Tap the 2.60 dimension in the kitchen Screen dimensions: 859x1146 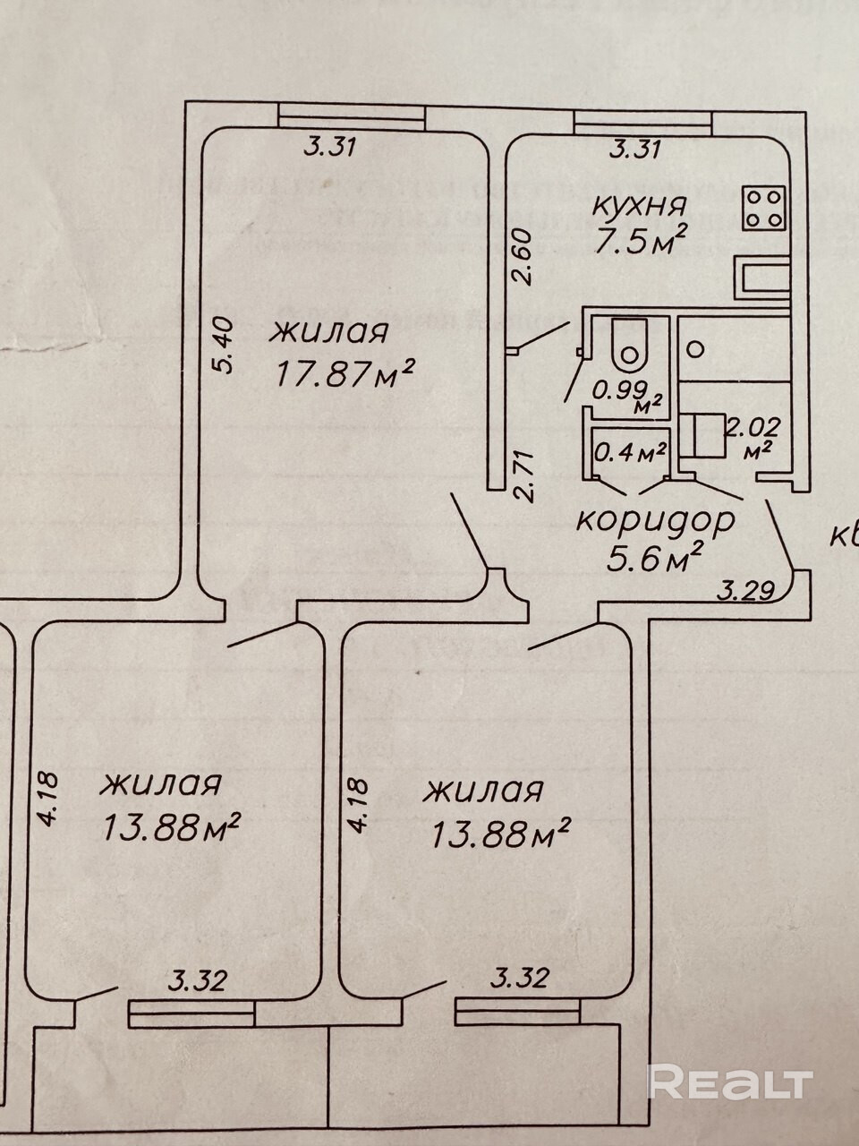pyautogui.click(x=524, y=257)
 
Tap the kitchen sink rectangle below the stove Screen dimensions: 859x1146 pyautogui.click(x=762, y=277)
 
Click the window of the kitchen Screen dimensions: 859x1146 pyautogui.click(x=642, y=118)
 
